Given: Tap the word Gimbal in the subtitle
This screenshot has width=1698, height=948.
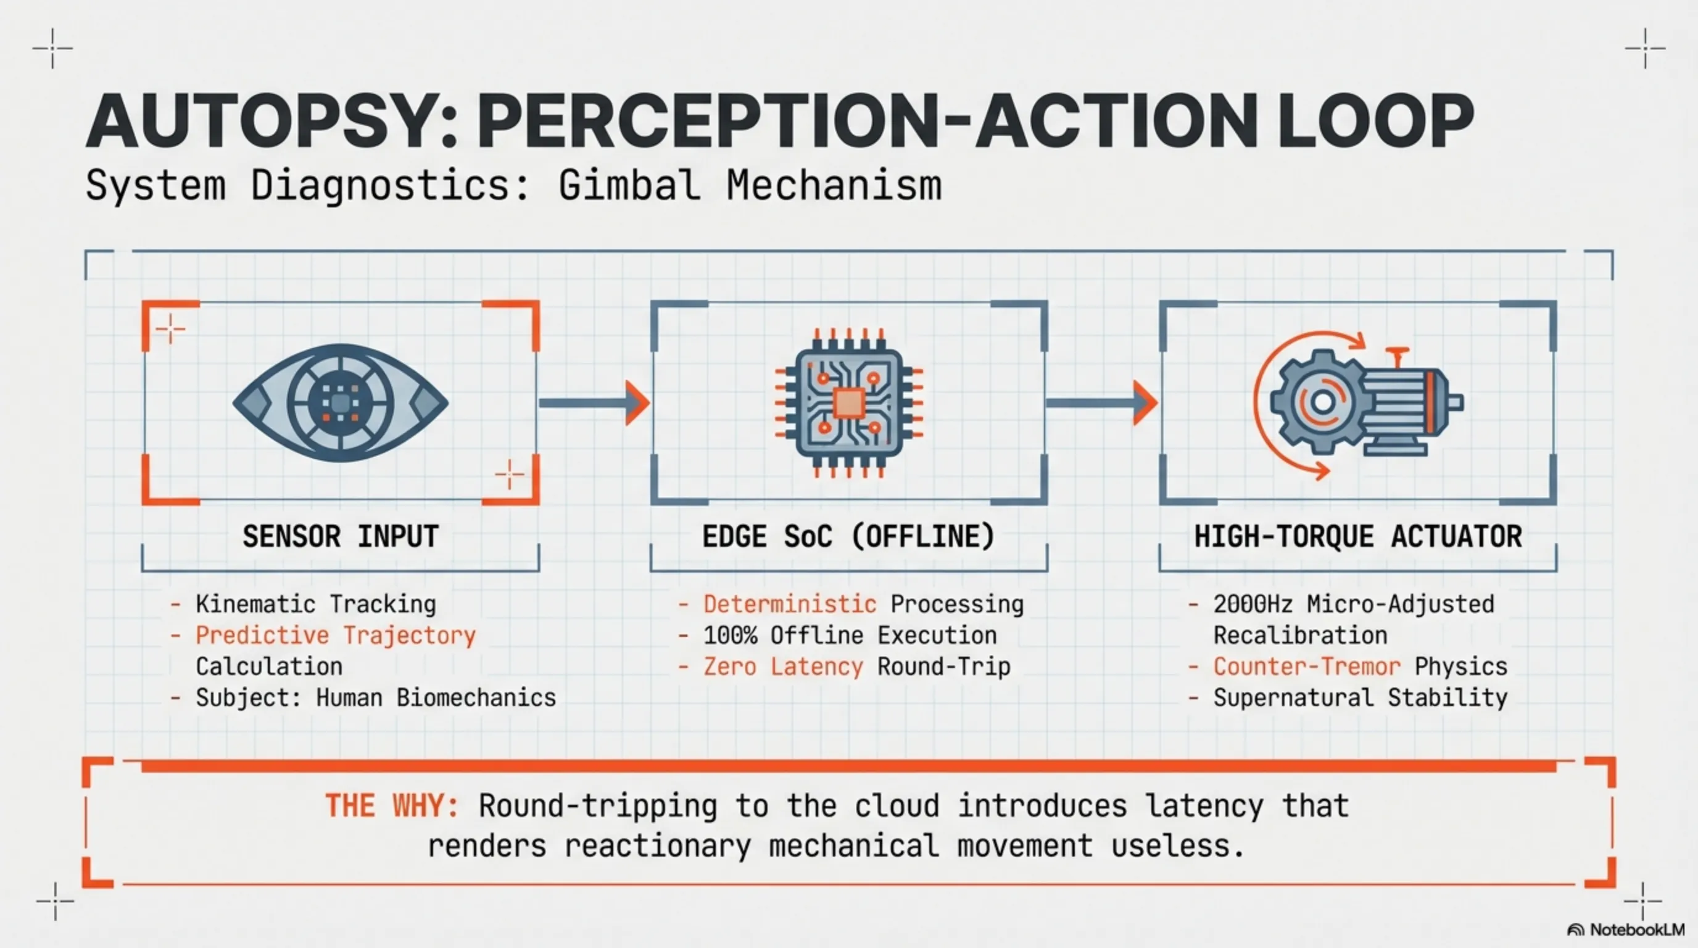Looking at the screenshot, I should click(629, 185).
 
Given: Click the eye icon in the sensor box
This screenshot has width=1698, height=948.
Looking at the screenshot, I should click(340, 402).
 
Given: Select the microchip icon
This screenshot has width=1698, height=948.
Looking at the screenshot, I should click(848, 403).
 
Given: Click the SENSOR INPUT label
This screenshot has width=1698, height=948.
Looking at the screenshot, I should click(340, 536).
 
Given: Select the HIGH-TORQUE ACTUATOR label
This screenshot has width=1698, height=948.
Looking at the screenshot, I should click(1358, 536).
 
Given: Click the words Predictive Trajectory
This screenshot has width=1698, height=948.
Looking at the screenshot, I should click(336, 636).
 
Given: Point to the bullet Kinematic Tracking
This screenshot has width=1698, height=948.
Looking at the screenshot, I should click(316, 604).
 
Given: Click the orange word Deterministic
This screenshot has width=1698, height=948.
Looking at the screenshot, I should click(789, 604).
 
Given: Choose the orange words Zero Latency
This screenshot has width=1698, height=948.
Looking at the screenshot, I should click(782, 667).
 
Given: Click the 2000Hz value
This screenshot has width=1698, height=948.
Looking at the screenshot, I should click(1253, 604).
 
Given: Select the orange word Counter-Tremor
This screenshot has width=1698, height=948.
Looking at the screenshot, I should click(1306, 667).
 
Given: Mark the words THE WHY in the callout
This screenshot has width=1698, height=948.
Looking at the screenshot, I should click(392, 805).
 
